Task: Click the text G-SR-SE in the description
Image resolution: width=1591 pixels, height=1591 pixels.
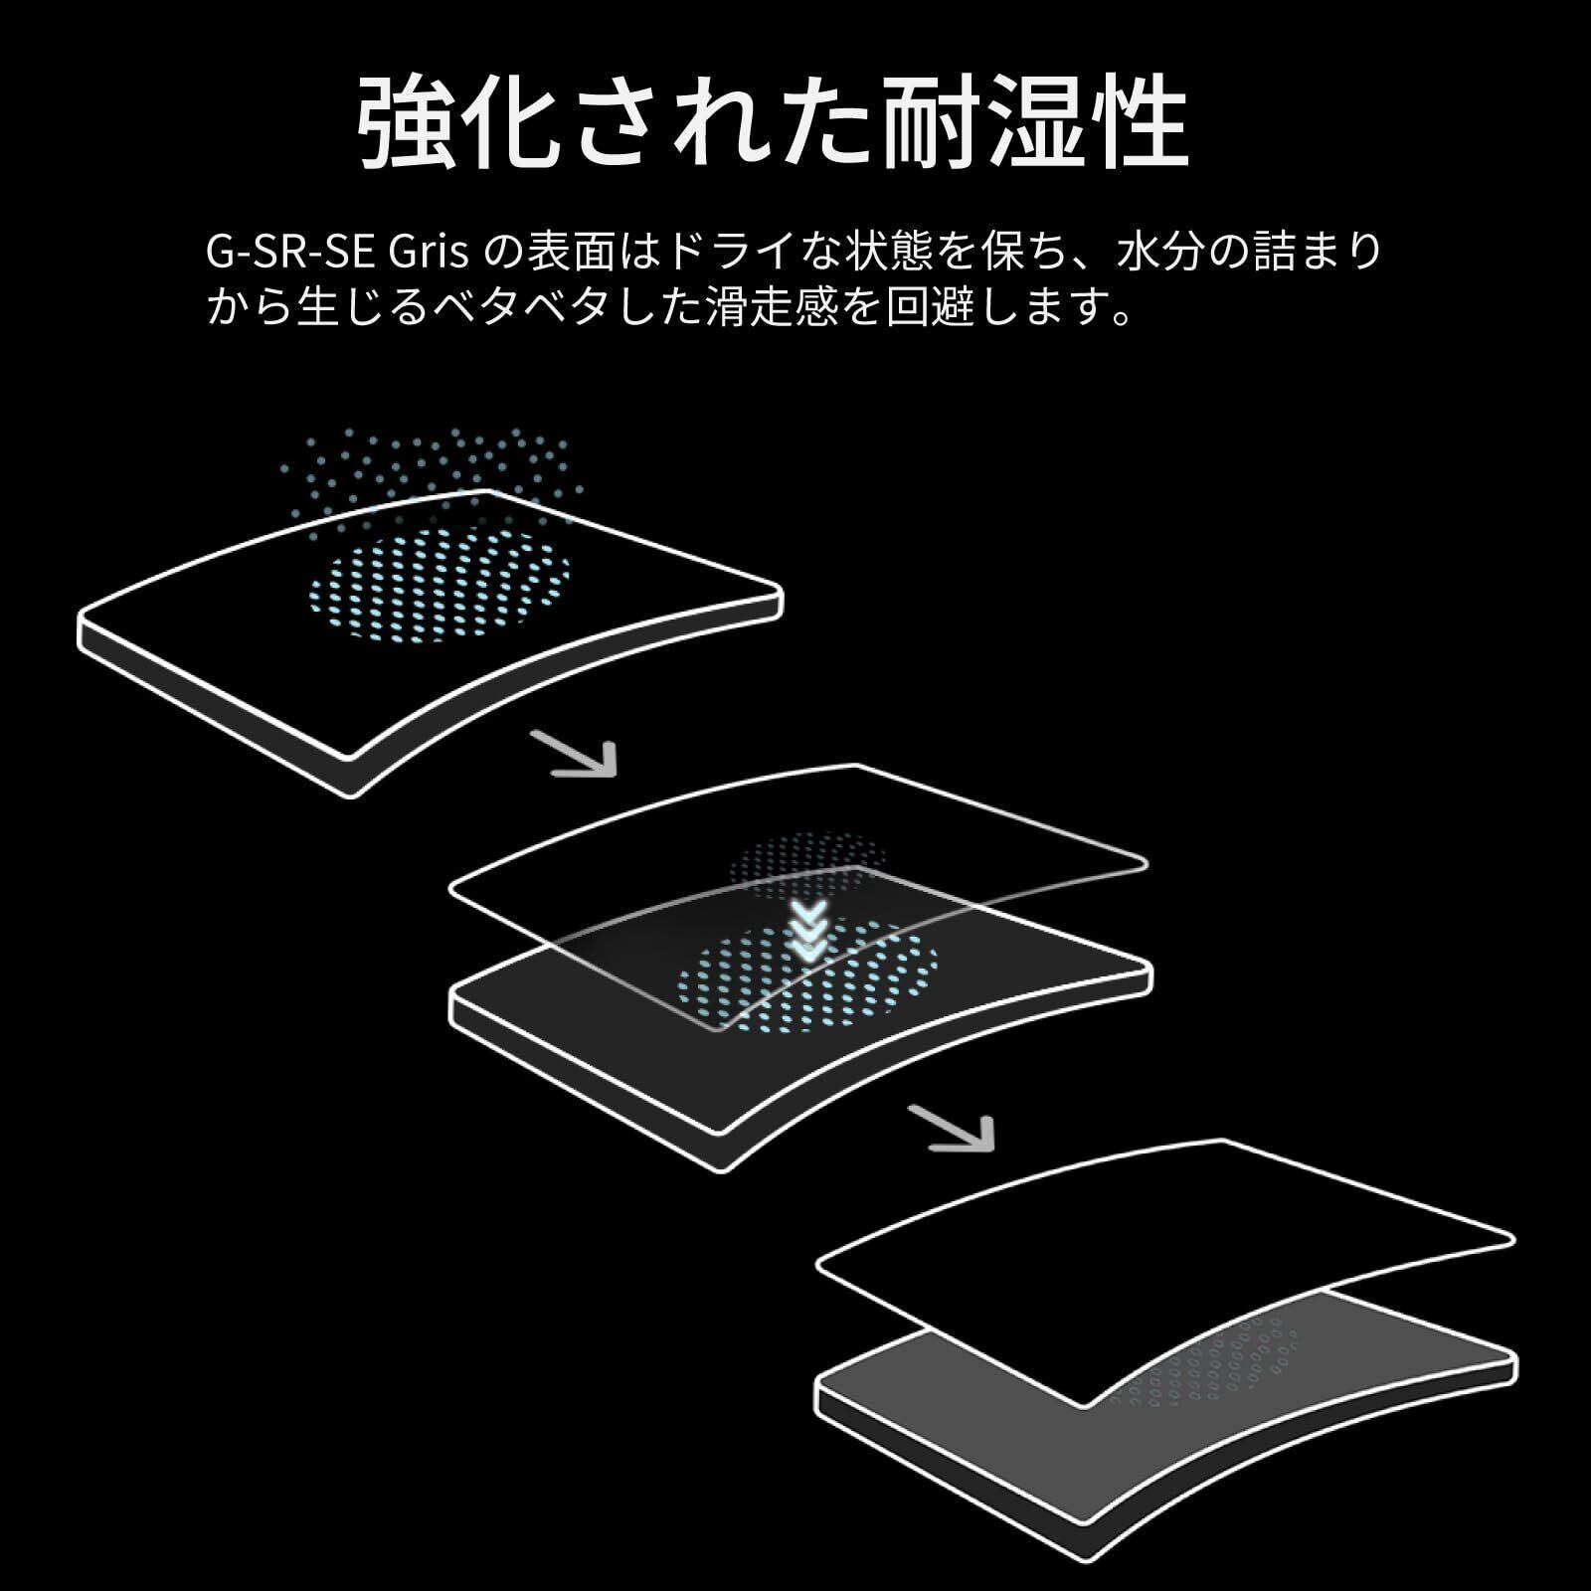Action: pyautogui.click(x=288, y=253)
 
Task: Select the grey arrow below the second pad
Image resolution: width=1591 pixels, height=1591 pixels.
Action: pyautogui.click(x=954, y=1129)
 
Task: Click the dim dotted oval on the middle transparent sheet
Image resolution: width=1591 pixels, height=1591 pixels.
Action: pyautogui.click(x=805, y=860)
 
